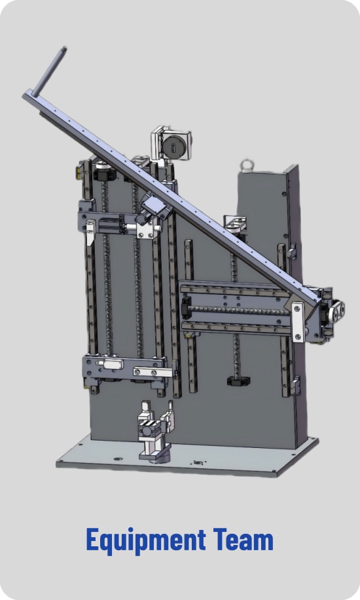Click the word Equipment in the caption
point(145,541)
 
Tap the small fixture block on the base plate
point(154,434)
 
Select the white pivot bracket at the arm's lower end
point(298,320)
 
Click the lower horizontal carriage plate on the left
point(124,367)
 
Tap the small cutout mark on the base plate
point(196,462)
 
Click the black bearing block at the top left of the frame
point(103,174)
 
